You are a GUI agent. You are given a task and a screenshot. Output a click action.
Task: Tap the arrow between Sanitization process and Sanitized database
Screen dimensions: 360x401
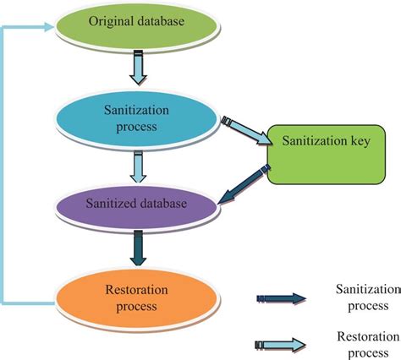140,169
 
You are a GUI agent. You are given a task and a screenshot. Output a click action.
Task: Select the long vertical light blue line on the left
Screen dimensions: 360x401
6,169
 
